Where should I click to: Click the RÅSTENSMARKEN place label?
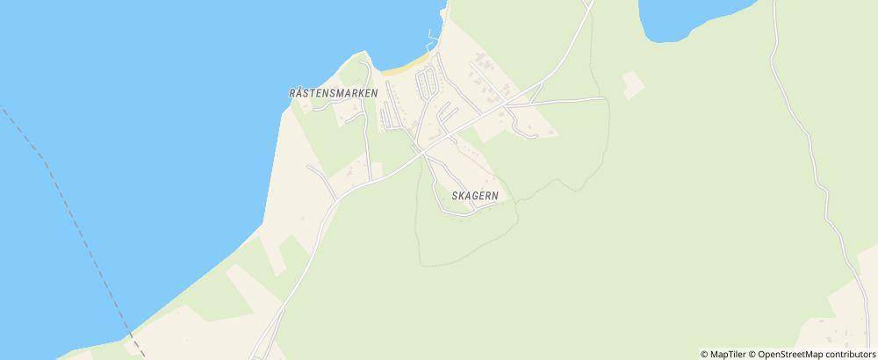click(x=333, y=93)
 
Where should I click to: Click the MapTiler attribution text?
click(x=726, y=354)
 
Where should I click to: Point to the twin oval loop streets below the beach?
click(x=426, y=84)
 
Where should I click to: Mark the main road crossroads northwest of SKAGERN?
click(x=423, y=152)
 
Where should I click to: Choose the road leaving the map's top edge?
click(x=587, y=7)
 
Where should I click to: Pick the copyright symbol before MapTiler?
click(x=705, y=354)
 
